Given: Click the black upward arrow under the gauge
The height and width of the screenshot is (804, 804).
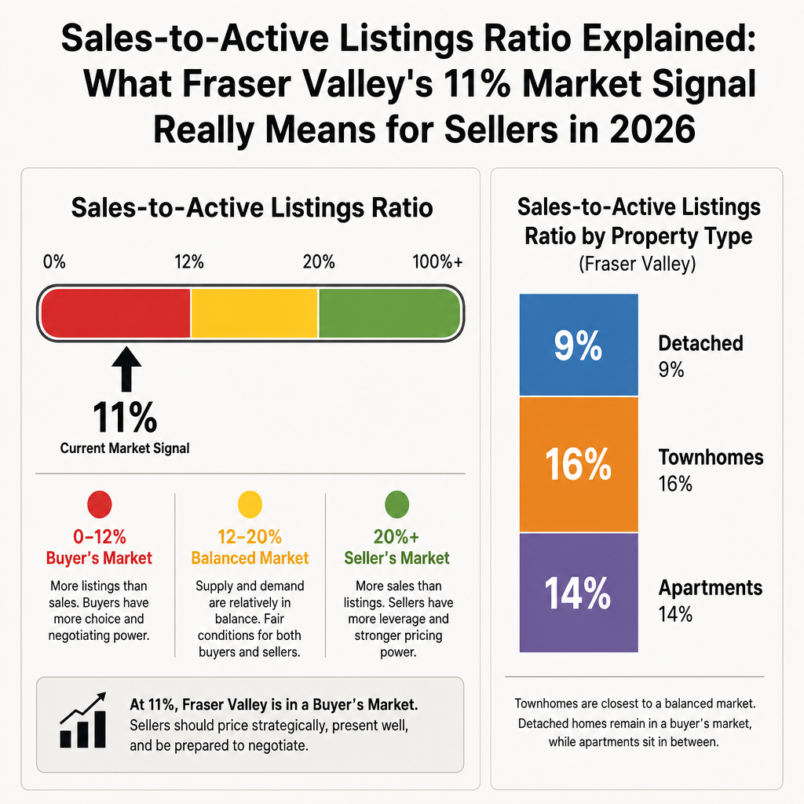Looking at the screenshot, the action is coord(126,369).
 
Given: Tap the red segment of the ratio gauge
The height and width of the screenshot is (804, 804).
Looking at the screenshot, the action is coord(116,313).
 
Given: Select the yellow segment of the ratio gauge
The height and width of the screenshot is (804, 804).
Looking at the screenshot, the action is coord(254,313).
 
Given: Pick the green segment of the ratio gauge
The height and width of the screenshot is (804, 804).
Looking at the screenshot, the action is coord(389,313).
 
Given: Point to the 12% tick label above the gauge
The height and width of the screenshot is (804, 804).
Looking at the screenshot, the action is coord(188,262).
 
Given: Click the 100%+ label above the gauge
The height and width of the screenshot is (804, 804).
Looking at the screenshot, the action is coord(437,262).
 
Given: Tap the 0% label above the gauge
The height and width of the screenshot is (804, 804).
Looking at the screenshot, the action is coord(54,262).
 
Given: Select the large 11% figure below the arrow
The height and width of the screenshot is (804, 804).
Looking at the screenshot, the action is coord(125,418).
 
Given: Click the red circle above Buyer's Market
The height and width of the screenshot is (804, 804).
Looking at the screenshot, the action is coord(100,505).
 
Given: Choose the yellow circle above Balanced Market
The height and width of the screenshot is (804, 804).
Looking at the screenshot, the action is coord(250,505).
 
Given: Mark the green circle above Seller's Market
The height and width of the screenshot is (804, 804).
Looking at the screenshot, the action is coord(397,505).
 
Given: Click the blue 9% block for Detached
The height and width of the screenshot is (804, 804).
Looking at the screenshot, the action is coord(579,345).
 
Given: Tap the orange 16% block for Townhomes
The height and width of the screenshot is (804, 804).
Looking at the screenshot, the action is coord(579,465).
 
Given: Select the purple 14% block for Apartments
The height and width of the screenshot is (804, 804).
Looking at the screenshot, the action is coord(579,593).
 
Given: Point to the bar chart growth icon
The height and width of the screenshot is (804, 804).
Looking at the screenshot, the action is coord(83,720).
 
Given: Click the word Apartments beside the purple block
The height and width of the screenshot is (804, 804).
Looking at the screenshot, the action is coord(710,588).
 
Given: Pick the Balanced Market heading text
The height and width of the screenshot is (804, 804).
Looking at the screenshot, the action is coord(250,558).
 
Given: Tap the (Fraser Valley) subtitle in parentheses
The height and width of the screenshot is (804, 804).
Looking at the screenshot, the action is coord(638,264).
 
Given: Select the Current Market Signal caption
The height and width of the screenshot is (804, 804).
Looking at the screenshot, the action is coord(125,448).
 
